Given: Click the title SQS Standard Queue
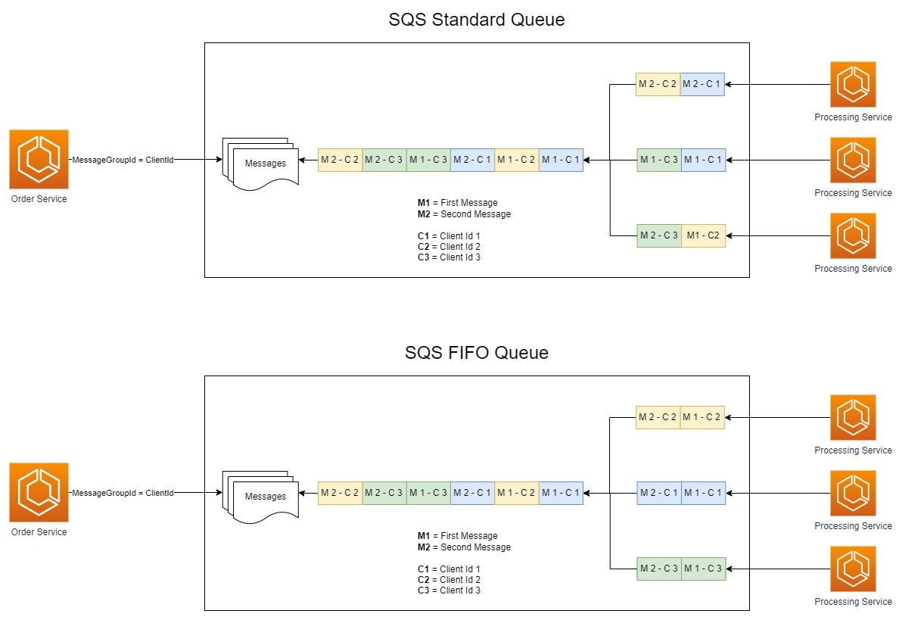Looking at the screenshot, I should [x=476, y=20].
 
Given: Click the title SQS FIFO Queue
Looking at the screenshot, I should [x=476, y=353].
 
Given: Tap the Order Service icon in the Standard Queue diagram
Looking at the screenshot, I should [x=39, y=159].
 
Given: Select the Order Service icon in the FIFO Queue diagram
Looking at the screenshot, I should [x=39, y=492].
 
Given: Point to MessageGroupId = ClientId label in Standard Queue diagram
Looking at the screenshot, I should [x=123, y=160].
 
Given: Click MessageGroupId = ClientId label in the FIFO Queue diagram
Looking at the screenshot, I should [x=123, y=493].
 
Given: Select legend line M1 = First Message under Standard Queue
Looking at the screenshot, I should [x=457, y=203].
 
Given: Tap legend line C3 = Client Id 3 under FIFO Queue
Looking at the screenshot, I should [x=449, y=590].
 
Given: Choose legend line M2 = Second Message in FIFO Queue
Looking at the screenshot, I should [x=464, y=547].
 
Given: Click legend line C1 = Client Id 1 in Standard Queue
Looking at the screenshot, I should [x=449, y=236].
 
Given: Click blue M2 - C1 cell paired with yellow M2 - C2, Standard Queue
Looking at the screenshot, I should [x=702, y=84].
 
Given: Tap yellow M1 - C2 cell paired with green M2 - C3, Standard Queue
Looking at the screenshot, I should [x=703, y=235].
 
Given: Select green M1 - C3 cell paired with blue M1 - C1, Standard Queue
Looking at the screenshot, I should [x=658, y=160].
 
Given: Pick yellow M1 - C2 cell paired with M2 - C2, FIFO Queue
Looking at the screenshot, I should [x=702, y=417].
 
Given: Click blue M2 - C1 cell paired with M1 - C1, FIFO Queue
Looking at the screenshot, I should [x=658, y=493].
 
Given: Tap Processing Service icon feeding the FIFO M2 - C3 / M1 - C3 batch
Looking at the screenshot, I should [x=853, y=569].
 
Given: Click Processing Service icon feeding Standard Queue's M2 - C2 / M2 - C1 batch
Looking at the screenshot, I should [x=853, y=84].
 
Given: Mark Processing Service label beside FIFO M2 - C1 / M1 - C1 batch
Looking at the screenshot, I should [x=853, y=526].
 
